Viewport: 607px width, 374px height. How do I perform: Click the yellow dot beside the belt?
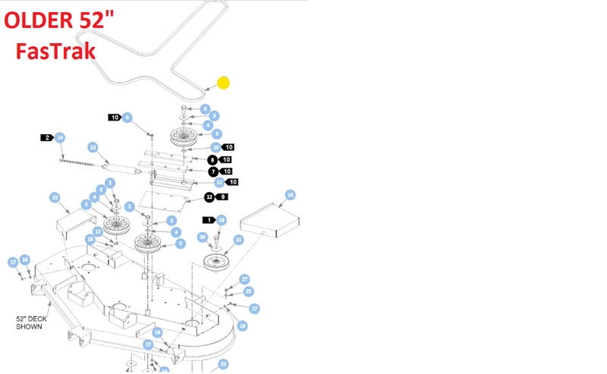click(224, 83)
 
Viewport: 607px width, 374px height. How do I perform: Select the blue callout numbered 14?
click(60, 137)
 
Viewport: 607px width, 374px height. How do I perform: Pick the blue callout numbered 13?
click(93, 147)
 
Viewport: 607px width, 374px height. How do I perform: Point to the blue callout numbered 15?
click(55, 197)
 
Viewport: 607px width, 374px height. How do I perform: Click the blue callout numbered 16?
click(290, 195)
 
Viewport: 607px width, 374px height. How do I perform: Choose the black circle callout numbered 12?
click(209, 197)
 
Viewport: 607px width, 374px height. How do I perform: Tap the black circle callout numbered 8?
click(213, 159)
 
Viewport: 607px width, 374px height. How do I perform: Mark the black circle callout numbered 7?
click(213, 172)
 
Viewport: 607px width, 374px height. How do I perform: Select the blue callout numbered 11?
click(219, 183)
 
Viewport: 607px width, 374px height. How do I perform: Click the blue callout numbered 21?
click(238, 240)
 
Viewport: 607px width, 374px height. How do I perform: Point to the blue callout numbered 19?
click(222, 220)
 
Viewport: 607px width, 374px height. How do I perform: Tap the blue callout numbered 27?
click(244, 280)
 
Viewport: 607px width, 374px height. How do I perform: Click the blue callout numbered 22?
click(223, 364)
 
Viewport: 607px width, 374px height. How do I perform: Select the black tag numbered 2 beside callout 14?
click(47, 137)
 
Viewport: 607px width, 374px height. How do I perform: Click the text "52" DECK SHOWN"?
click(30, 322)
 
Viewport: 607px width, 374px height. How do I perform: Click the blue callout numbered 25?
click(247, 291)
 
